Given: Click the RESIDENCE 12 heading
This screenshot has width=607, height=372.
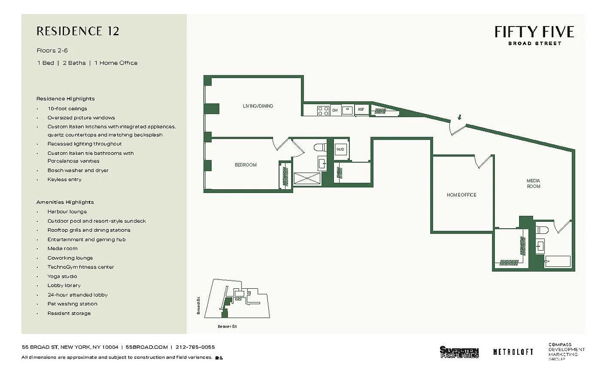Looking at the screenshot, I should coord(78,31).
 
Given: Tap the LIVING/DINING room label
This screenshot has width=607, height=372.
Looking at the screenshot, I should coord(258,106).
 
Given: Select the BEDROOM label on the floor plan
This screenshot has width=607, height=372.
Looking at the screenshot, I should coord(245,165).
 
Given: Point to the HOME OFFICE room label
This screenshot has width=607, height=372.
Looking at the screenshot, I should coord(461,195).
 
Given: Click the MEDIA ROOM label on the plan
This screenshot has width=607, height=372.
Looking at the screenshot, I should coord(533,183).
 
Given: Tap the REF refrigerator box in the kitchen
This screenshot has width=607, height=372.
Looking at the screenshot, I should coord(361,110).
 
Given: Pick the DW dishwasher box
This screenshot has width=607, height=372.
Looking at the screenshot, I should coord(334,110).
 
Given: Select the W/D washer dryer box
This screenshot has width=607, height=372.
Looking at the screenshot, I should coord(341,149).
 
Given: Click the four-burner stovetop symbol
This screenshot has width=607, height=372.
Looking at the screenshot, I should coord(322,110).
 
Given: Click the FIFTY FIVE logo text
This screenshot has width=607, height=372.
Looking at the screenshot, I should coord(534,32).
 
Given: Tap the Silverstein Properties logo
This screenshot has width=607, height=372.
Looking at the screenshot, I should coord(459,352).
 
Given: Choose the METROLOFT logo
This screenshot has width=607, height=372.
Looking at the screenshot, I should coord(513,352).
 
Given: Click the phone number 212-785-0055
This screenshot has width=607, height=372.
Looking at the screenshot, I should coord(195,347).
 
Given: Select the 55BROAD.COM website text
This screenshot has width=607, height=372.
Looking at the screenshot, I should coord(147,347).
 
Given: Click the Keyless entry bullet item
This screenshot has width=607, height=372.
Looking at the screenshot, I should coord(64,179).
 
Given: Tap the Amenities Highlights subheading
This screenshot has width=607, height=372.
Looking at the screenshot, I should coord(65,202).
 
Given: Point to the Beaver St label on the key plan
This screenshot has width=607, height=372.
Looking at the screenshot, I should coord(227,326).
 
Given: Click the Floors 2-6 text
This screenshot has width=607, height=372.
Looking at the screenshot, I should coord(52,50).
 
